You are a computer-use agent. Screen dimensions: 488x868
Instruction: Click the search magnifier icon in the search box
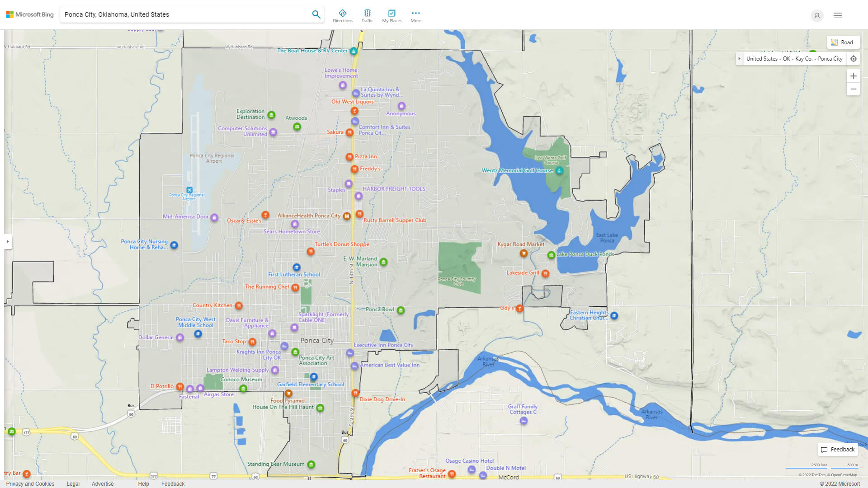coord(316,14)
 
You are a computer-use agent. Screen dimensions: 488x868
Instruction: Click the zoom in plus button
coord(853,76)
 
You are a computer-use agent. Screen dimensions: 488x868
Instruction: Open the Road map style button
coord(843,42)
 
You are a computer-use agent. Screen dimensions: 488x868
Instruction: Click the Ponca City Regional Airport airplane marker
coord(189,190)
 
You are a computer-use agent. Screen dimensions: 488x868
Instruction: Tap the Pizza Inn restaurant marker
coord(349,157)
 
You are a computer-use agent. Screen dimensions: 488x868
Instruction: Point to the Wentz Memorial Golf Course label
coord(517,170)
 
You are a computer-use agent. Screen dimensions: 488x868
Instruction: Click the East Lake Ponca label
coord(607,238)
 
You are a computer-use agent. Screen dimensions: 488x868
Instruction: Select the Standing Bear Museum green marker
coord(311,464)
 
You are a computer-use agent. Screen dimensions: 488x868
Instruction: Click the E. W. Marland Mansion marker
coord(383,262)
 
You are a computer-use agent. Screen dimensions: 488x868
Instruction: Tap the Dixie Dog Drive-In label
coord(382,399)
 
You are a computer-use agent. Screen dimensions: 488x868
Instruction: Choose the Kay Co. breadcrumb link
coord(803,59)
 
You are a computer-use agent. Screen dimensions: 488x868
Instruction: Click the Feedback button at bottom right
coord(838,450)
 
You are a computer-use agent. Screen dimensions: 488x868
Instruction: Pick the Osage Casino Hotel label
coord(469,461)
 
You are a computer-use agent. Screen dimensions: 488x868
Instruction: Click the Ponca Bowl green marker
coord(401,310)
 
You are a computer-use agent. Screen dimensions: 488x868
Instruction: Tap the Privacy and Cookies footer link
coord(30,483)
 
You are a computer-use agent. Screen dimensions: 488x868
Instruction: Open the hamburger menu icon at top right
coord(838,15)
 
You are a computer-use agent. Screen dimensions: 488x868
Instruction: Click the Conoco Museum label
coord(241,380)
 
